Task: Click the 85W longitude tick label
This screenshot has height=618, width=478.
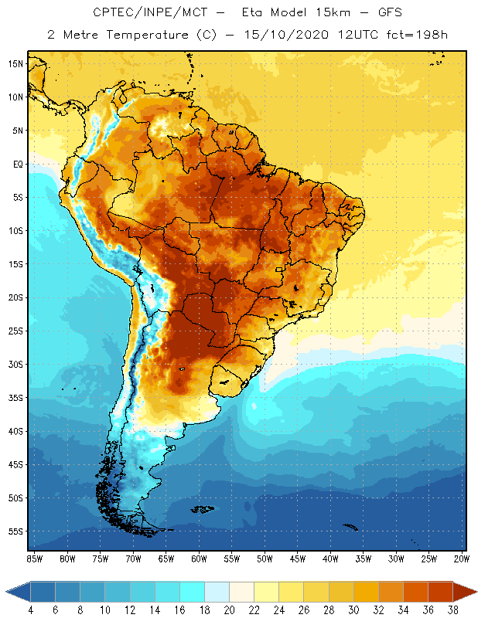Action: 35,559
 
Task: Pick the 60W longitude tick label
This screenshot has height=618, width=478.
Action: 200,559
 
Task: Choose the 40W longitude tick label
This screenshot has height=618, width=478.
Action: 331,559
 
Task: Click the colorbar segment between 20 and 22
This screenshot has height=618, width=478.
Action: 241,591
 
